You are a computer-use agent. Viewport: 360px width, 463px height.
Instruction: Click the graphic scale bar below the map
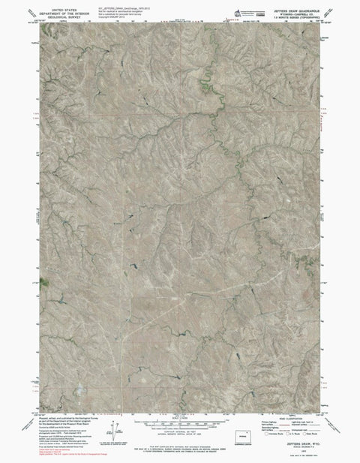point(177,425)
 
